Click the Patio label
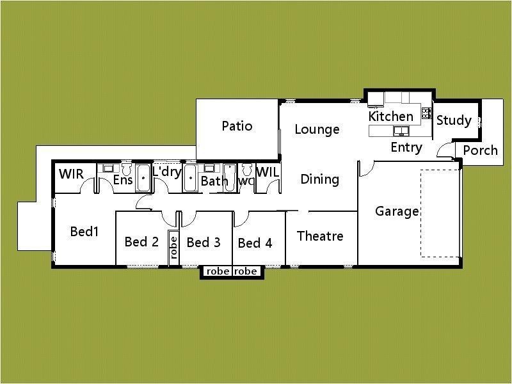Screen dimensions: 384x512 click(237, 126)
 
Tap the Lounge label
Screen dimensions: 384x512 click(317, 130)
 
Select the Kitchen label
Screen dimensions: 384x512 click(390, 116)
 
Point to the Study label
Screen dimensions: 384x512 click(454, 120)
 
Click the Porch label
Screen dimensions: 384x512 click(480, 150)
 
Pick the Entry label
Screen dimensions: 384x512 click(406, 148)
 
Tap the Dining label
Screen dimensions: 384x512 click(319, 179)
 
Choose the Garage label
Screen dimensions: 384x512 click(397, 211)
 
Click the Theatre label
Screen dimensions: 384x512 click(320, 236)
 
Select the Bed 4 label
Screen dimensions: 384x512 click(255, 243)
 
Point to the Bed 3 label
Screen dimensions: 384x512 click(204, 242)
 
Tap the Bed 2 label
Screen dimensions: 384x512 click(141, 241)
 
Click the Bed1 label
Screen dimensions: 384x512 click(84, 232)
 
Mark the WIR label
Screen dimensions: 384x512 click(71, 174)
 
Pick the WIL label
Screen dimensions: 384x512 click(268, 173)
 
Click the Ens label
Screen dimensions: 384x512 click(123, 180)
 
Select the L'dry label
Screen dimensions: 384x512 click(167, 173)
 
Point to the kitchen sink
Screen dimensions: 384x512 click(401, 131)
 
